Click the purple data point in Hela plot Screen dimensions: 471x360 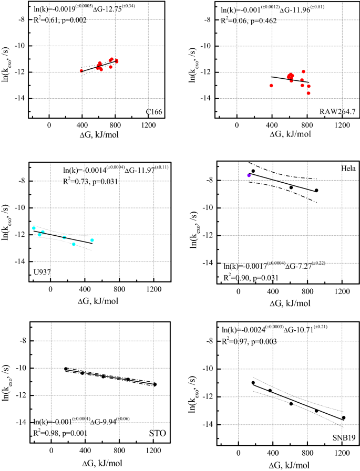[x=249, y=175]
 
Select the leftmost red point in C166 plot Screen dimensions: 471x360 [x=81, y=70]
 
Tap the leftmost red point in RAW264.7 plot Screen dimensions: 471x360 [x=271, y=85]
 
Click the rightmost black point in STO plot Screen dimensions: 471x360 [x=155, y=384]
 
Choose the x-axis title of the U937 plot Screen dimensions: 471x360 [x=92, y=301]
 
